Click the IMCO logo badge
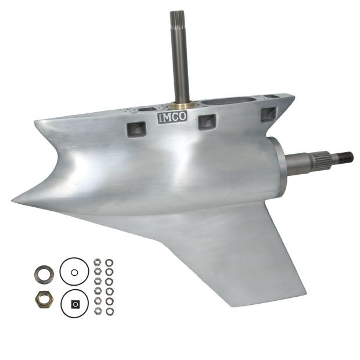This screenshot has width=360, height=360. click(172, 117)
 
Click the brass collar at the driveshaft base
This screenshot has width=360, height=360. click(181, 105)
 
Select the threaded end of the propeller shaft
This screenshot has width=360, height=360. click(345, 157)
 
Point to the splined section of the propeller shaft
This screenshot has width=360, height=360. click(323, 159)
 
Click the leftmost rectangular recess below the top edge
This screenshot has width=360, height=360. click(137, 129)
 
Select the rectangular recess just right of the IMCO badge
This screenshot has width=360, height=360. click(207, 122)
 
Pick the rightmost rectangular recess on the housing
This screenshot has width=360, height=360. click(269, 114)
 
